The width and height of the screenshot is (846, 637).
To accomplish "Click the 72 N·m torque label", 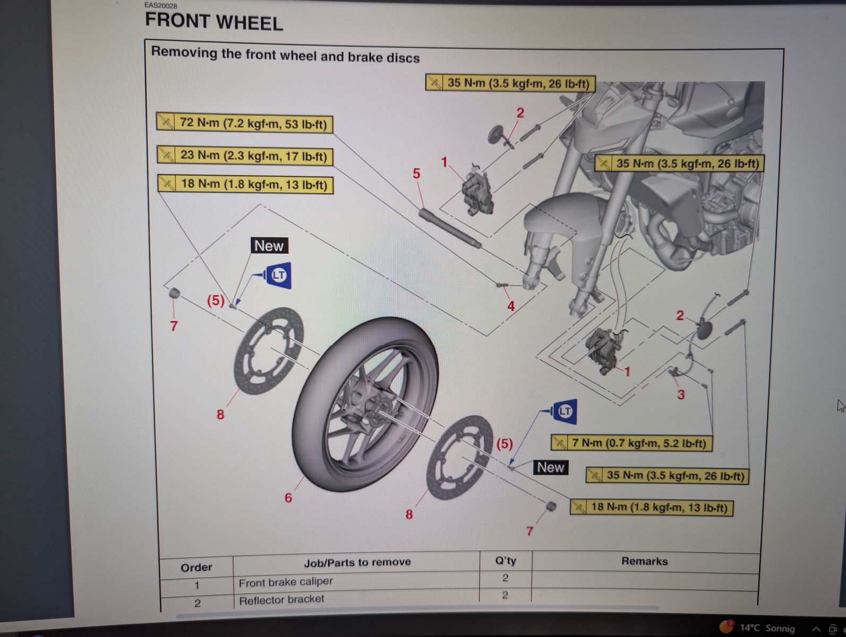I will click(245, 123).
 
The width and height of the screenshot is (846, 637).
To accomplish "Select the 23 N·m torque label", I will click(245, 156).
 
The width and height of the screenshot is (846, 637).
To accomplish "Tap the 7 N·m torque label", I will click(631, 443).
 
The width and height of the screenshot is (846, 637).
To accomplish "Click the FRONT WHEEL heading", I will click(213, 22).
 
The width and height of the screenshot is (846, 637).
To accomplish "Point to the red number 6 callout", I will click(288, 498).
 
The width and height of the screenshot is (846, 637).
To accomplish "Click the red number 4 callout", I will click(511, 306).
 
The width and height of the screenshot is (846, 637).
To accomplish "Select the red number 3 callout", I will click(681, 394).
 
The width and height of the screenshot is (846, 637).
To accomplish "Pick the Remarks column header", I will click(644, 561).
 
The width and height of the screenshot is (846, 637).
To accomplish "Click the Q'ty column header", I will click(505, 561).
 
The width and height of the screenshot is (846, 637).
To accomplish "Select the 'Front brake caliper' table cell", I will click(286, 582).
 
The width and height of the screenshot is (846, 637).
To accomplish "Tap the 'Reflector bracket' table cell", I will click(281, 600).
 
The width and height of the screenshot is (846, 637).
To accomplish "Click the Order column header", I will click(196, 567).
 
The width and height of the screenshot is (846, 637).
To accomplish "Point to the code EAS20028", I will click(161, 6).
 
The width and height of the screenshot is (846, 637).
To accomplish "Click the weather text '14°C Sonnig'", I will click(767, 628).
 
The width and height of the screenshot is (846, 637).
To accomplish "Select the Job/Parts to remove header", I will click(357, 562).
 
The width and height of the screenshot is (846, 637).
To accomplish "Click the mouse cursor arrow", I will click(840, 406).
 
